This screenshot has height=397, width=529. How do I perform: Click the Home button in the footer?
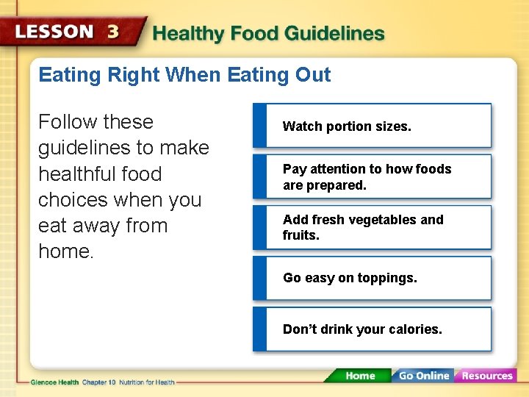(x=359, y=376)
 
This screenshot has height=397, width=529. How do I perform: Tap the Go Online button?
(x=422, y=376)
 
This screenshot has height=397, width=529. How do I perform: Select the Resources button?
(x=486, y=376)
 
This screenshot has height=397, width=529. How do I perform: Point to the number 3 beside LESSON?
(x=113, y=32)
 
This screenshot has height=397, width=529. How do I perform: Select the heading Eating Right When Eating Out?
(x=184, y=75)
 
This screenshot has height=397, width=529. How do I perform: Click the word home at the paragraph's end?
(x=65, y=252)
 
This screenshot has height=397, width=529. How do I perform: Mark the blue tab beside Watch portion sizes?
(x=261, y=126)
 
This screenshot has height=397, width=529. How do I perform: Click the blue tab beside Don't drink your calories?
(x=261, y=329)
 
